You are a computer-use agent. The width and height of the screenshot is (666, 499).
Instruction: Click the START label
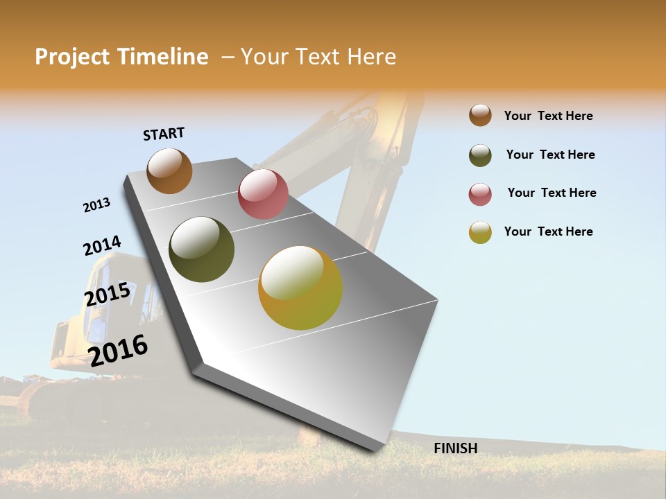[x=164, y=134]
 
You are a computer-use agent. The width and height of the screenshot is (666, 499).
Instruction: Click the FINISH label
[x=455, y=448]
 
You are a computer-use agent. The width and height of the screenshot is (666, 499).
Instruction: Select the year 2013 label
[x=96, y=205]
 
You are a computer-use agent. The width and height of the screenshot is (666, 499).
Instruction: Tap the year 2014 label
[x=102, y=246]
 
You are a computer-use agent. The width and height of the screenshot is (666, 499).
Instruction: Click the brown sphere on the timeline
[x=169, y=170]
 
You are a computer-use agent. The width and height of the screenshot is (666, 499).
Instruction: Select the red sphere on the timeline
[x=263, y=194]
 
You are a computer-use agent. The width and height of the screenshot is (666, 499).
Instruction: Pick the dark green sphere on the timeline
[x=201, y=249]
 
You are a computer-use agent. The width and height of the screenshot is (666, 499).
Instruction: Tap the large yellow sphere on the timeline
[x=300, y=288]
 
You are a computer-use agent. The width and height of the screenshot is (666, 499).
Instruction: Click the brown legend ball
[x=480, y=115]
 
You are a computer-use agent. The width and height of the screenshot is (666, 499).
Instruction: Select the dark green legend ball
[x=480, y=155]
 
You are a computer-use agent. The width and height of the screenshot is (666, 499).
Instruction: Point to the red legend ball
[x=480, y=194]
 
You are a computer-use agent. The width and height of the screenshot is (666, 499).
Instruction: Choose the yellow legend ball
[x=480, y=232]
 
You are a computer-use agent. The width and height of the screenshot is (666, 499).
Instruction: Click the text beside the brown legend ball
[x=548, y=116]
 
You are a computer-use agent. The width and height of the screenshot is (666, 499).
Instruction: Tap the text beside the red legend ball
[x=552, y=193]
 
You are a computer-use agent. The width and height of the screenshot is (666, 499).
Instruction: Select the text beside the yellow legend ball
[x=548, y=231]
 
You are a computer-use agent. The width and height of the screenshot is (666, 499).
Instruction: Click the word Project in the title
[x=71, y=57]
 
